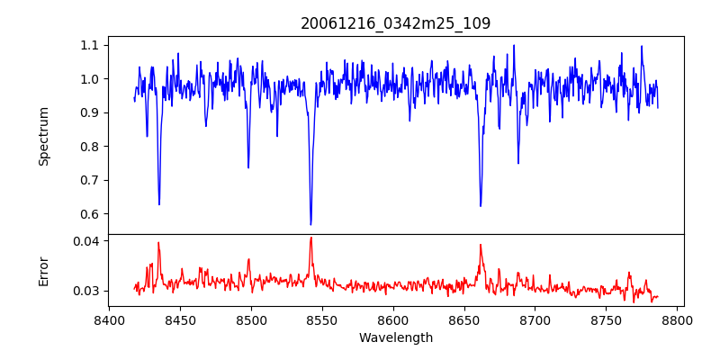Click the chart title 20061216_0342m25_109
(396, 23)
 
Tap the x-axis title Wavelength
(396, 338)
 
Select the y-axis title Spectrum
(43, 136)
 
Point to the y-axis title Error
(43, 271)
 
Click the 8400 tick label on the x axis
(109, 319)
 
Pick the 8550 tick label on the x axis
(322, 319)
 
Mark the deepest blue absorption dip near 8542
(310, 224)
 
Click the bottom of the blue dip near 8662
(481, 206)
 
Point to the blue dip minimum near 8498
(248, 167)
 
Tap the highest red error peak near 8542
(310, 238)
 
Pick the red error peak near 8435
(158, 242)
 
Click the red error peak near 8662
(481, 245)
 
